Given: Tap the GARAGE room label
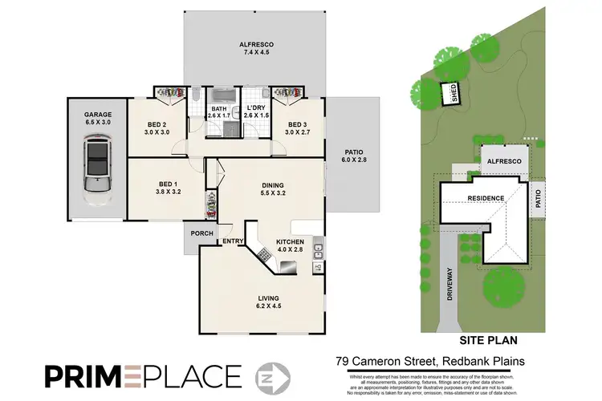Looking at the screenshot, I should pyautogui.click(x=97, y=115).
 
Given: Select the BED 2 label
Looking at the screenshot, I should pyautogui.click(x=157, y=124).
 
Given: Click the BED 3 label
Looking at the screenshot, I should pyautogui.click(x=297, y=124).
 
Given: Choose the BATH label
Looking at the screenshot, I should pyautogui.click(x=218, y=108).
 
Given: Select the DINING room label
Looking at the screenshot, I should pyautogui.click(x=273, y=185).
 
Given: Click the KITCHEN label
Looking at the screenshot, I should pyautogui.click(x=289, y=241).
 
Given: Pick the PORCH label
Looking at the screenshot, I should pyautogui.click(x=202, y=234).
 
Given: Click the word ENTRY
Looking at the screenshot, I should pyautogui.click(x=233, y=241).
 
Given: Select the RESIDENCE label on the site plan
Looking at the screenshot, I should pyautogui.click(x=486, y=198).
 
